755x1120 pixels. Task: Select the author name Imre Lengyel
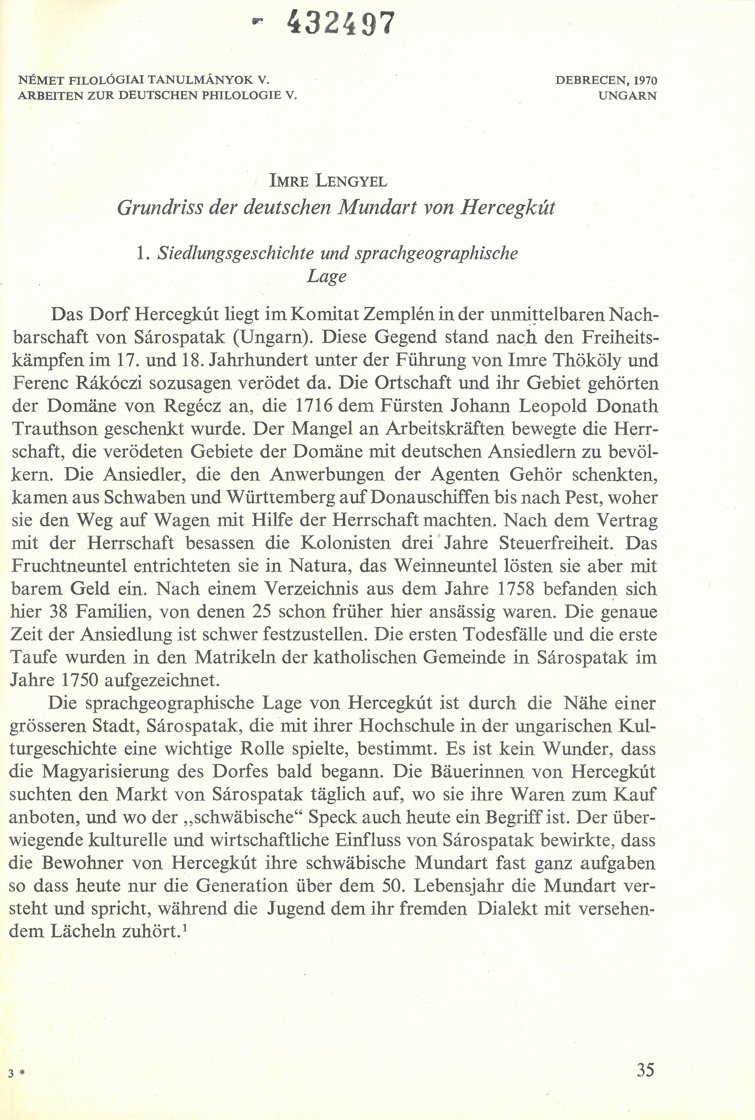click(x=328, y=182)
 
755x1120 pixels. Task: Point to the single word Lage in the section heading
click(x=327, y=276)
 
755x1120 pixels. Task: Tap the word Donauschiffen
click(x=431, y=497)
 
